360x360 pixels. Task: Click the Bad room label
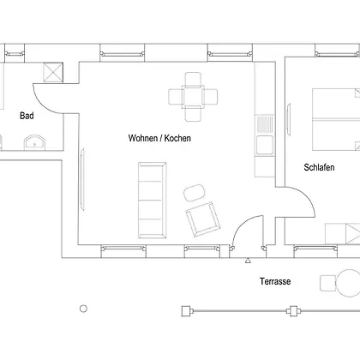point(27,116)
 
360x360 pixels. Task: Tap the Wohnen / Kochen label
point(159,138)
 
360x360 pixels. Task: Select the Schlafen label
point(319,167)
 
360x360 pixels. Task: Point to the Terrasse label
point(275,281)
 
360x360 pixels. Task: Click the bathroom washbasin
point(34,142)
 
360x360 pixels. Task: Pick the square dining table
point(193,97)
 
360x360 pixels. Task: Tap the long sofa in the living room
point(153,200)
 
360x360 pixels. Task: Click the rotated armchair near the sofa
point(203,219)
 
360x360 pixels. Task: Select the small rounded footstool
point(194,193)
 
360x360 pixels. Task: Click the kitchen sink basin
point(265,145)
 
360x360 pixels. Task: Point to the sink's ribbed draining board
point(265,124)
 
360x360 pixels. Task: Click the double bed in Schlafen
point(336,119)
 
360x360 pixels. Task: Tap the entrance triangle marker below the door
point(248,261)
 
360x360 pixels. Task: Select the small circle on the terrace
point(83,309)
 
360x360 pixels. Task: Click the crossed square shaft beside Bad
point(53,72)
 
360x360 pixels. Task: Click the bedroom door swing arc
point(306,196)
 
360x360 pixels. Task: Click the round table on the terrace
point(348,283)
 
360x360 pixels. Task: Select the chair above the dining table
point(193,79)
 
